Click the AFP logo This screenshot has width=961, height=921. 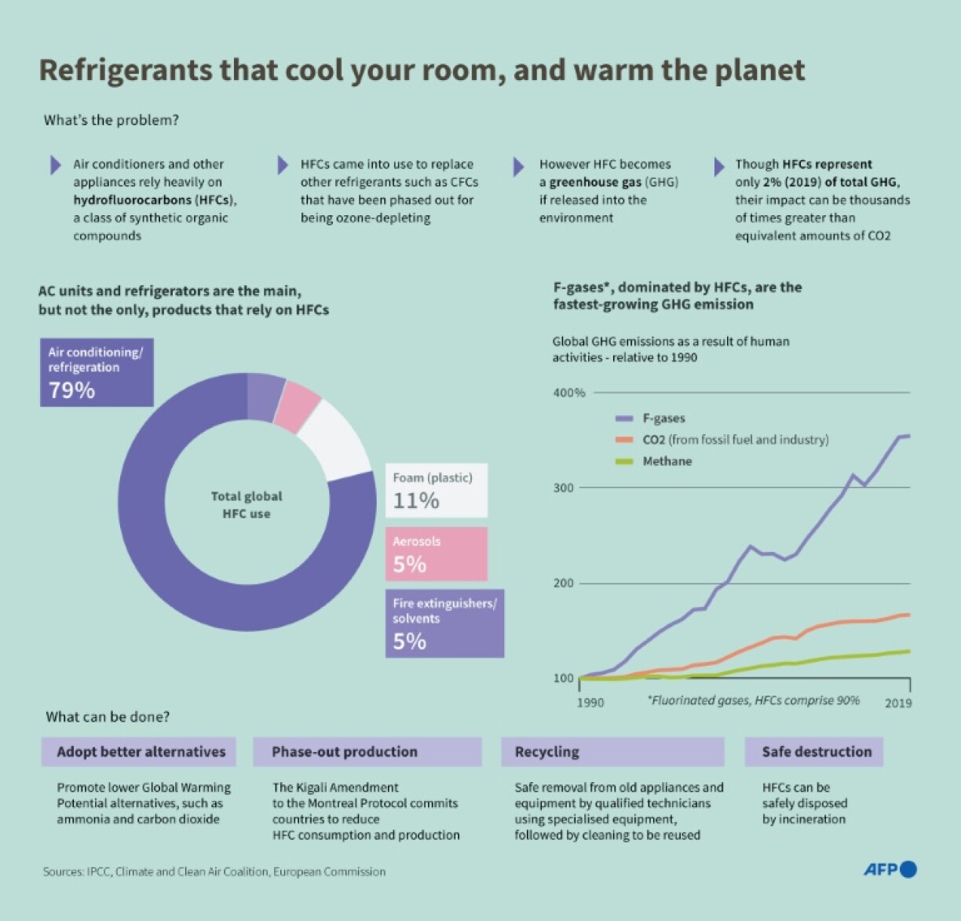coord(890,869)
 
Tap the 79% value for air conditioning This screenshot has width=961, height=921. coord(72,389)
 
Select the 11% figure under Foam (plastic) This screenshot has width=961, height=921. coord(416,500)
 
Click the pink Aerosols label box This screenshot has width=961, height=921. coord(436,554)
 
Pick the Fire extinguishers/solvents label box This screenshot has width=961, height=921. coord(444,623)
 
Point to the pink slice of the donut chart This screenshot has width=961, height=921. coord(301,405)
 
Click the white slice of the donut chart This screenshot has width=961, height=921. coord(338,439)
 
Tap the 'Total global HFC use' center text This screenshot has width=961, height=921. coord(247,505)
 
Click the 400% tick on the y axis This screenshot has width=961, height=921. coord(569,393)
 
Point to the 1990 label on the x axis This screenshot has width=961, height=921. coord(590,703)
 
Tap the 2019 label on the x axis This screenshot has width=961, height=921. coord(898,703)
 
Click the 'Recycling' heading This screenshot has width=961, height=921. coord(547,751)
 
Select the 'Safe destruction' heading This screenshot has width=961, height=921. coord(817,751)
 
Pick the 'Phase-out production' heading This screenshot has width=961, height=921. coord(345,751)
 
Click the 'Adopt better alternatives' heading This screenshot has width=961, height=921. coord(141,751)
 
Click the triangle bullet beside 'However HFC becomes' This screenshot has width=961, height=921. coord(518,166)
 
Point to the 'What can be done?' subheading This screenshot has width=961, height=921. coord(108,716)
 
